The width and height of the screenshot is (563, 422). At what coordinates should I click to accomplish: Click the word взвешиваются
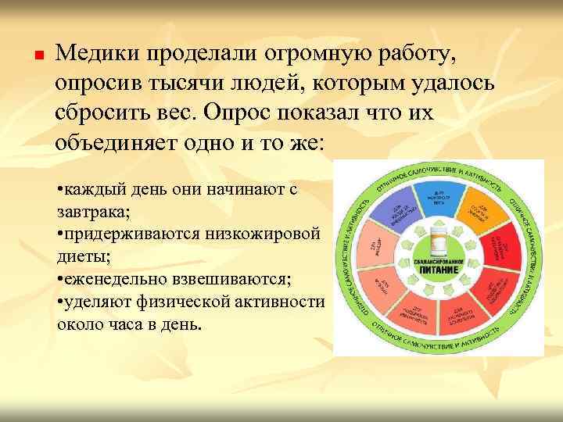coord(237,278)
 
